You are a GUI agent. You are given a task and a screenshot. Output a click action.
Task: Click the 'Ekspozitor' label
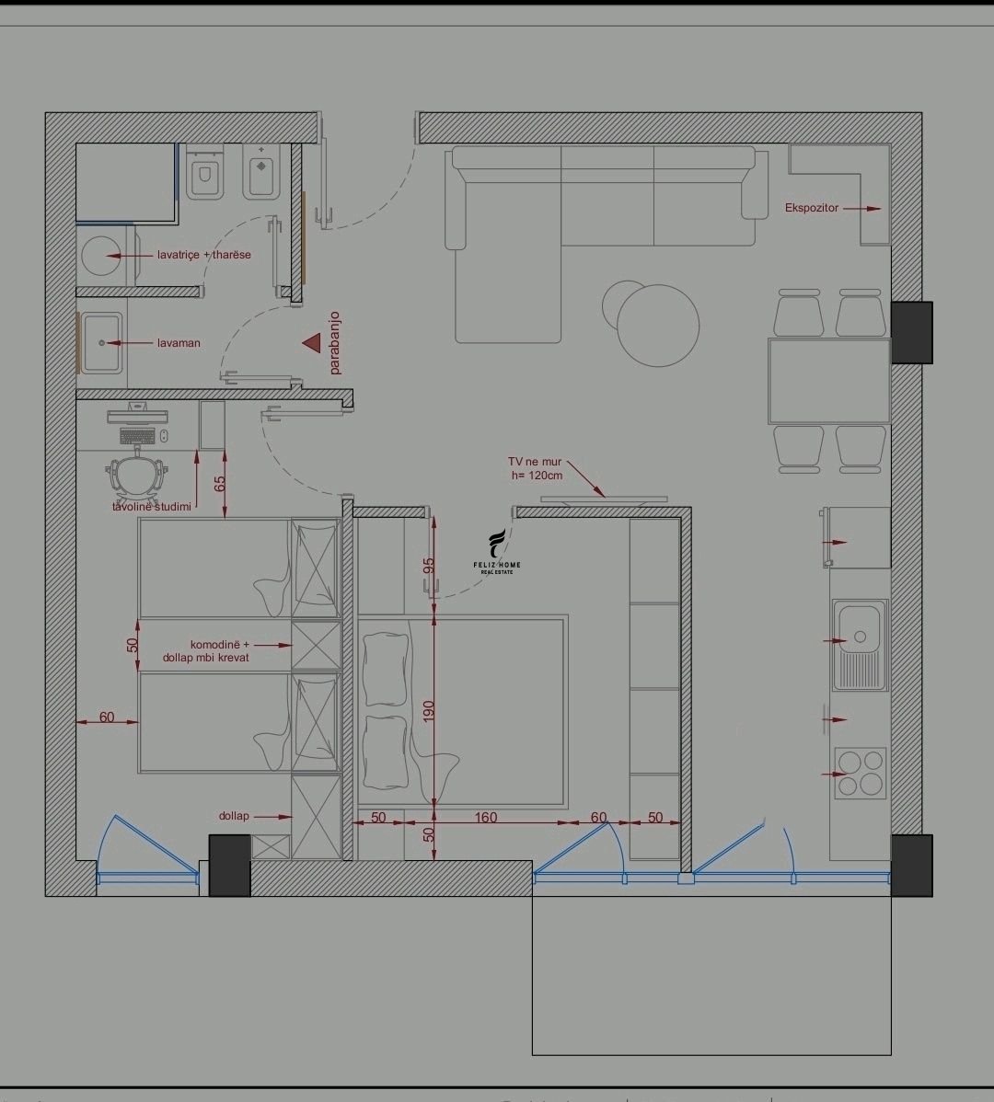(x=811, y=208)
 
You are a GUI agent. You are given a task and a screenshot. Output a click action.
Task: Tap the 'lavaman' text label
(x=179, y=343)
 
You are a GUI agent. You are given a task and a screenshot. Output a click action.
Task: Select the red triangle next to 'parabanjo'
(x=312, y=343)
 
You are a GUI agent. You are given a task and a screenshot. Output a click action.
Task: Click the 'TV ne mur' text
(x=535, y=462)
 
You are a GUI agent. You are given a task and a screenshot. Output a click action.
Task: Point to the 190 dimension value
(x=429, y=711)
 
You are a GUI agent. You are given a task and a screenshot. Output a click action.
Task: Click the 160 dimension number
(x=486, y=818)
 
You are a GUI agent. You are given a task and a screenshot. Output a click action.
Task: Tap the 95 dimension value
(x=429, y=566)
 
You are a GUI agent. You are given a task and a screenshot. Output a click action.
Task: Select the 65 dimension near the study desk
(x=219, y=484)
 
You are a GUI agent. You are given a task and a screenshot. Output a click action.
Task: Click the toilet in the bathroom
(x=205, y=172)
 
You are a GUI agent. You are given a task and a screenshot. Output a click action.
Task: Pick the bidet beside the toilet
(x=260, y=171)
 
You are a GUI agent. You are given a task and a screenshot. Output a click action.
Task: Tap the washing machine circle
(x=101, y=255)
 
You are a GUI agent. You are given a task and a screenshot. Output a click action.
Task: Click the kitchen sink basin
(x=859, y=645)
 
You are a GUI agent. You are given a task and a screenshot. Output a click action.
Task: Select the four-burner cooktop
(x=861, y=773)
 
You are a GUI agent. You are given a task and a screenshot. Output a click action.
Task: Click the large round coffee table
(x=658, y=326)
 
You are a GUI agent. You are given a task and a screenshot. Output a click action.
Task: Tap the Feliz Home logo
(x=497, y=552)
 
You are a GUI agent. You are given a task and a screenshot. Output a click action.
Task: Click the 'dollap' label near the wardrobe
(x=234, y=816)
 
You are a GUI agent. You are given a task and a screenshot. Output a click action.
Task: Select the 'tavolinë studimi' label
(x=152, y=507)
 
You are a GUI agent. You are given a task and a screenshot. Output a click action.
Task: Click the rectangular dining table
(x=829, y=381)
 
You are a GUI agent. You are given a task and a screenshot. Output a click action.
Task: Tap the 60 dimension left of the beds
(x=107, y=717)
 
